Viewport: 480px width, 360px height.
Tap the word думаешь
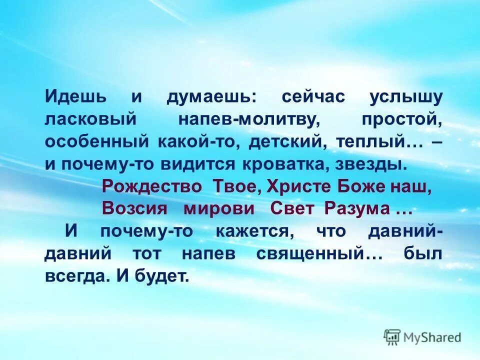pyautogui.click(x=211, y=97)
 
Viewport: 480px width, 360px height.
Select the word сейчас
pyautogui.click(x=313, y=97)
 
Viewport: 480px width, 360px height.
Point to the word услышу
pyautogui.click(x=406, y=97)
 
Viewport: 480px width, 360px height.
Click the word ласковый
pyautogui.click(x=90, y=119)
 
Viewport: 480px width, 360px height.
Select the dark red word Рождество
pyautogui.click(x=152, y=186)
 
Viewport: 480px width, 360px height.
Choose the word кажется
pyautogui.click(x=252, y=231)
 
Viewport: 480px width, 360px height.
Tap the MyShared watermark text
pyautogui.click(x=432, y=337)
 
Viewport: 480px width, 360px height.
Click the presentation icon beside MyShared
pyautogui.click(x=392, y=337)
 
